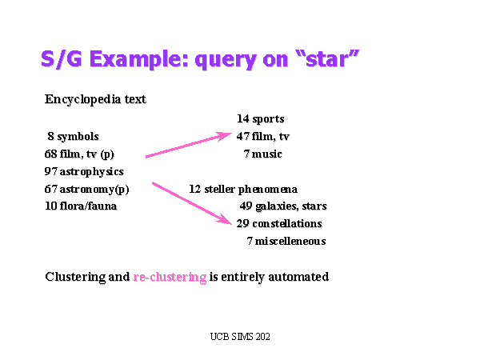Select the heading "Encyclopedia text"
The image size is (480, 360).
95,100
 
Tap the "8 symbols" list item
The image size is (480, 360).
73,137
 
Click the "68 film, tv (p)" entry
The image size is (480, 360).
79,154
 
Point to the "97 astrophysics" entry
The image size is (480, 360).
84,172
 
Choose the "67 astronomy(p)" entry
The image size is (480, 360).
86,190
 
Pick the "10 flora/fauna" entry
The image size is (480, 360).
81,206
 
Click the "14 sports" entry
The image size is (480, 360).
261,119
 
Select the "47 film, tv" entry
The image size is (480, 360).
262,137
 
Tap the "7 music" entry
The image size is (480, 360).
262,154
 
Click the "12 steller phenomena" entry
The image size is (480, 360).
243,190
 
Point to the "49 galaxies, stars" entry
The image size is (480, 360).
283,206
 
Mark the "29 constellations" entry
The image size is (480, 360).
279,224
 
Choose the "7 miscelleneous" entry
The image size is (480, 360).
286,242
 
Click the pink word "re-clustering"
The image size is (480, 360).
170,277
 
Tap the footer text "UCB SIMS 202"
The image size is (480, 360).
240,337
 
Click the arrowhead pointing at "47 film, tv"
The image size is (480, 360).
225,136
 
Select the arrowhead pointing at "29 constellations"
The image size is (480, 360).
226,219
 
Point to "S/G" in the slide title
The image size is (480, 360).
62,58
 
